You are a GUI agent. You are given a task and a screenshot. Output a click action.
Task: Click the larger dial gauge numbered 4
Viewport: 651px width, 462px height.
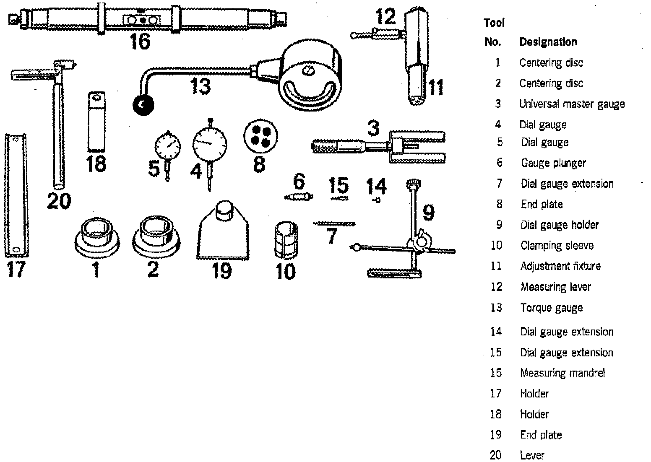click(209, 143)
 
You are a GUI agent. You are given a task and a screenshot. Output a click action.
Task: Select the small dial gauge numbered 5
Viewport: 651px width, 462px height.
click(168, 147)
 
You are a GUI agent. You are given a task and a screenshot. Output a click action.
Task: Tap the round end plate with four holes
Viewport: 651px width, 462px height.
click(260, 137)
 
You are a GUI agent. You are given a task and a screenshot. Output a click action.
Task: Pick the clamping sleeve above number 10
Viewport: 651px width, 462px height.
click(285, 241)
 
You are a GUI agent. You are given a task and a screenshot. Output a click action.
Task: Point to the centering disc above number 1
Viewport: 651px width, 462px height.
click(97, 238)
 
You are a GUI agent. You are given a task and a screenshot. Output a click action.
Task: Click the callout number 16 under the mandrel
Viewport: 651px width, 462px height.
click(139, 41)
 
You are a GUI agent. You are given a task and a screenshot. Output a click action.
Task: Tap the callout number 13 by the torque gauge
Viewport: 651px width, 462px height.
click(200, 86)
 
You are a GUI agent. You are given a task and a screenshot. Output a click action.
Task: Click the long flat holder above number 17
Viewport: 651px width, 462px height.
click(16, 195)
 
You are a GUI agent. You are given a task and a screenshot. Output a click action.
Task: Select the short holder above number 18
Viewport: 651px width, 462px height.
click(96, 122)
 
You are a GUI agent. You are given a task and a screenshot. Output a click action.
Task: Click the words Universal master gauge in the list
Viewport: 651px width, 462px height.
click(572, 104)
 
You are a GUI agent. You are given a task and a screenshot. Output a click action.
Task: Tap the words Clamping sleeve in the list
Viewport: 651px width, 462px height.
click(557, 245)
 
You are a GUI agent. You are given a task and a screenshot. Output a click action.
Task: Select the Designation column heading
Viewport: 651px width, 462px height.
click(548, 42)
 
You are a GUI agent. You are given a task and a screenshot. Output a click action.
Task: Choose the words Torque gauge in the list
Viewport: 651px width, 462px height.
click(551, 308)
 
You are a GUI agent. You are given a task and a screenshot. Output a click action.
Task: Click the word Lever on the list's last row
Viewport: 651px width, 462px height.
click(532, 455)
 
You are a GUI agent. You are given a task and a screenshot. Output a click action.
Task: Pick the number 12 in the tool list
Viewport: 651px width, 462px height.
click(496, 287)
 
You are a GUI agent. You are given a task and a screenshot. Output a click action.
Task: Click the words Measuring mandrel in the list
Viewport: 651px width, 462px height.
click(562, 373)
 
